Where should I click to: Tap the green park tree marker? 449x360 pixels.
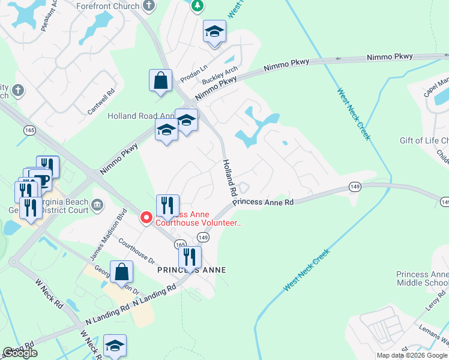click(197, 6)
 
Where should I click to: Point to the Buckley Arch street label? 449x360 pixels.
click(220, 75)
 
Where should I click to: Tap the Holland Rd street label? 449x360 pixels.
click(229, 178)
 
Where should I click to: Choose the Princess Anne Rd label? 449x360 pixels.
click(263, 202)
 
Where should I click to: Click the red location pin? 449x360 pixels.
click(146, 217)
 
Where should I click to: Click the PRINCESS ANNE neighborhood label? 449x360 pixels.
click(191, 270)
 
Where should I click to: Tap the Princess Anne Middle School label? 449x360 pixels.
click(422, 278)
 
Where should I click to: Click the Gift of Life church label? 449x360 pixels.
click(424, 141)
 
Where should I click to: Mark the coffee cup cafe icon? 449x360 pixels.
click(41, 180)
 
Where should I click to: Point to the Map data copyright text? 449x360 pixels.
click(412, 355)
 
